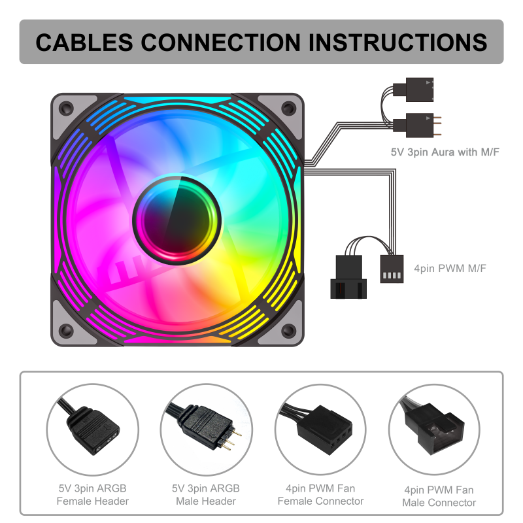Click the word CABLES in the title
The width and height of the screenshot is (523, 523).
(x=84, y=42)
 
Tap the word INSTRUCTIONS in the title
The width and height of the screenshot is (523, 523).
(x=398, y=42)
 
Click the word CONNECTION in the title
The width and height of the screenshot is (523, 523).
(x=221, y=42)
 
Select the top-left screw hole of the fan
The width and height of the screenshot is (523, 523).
(x=66, y=108)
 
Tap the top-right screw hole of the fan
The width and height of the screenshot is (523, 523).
(x=288, y=108)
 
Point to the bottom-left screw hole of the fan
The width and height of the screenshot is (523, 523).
(x=66, y=331)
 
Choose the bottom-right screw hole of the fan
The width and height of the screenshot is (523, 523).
(x=288, y=331)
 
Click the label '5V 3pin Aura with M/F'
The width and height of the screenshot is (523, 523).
(x=445, y=152)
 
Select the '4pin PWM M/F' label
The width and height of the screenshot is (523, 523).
(x=450, y=268)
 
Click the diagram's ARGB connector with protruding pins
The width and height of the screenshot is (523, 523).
(x=417, y=126)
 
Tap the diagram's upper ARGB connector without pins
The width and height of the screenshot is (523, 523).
(x=413, y=90)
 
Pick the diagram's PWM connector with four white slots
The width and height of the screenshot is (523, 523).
(x=392, y=269)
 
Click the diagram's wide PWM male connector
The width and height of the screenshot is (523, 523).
(x=348, y=277)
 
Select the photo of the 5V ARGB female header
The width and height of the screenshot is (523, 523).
(x=92, y=430)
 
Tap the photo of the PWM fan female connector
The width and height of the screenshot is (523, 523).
(x=320, y=429)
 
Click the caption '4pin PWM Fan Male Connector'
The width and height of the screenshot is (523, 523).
(x=439, y=496)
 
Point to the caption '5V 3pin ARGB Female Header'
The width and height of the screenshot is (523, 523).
(x=92, y=495)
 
